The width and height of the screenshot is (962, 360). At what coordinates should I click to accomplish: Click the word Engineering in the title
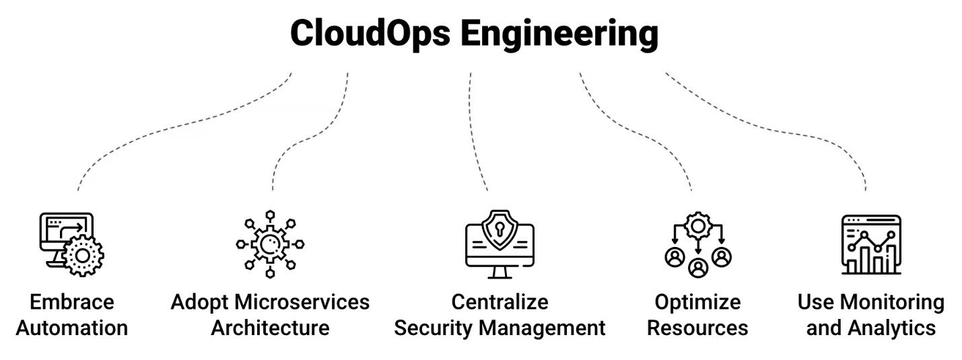pos(559,33)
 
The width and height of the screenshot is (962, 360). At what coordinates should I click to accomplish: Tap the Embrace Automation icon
pos(71,244)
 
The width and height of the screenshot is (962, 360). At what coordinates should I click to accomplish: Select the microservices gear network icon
pos(270,244)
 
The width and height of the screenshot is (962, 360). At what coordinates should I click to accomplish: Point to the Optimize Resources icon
pos(697,244)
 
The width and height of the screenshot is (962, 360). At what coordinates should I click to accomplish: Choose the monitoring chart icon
pos(870,244)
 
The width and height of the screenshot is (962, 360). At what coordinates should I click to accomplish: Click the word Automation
pos(71,328)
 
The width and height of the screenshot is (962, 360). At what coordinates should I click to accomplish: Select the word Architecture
pos(270,328)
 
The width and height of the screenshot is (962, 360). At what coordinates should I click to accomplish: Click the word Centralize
pos(500,302)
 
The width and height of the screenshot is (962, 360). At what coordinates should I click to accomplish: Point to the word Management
pos(543,328)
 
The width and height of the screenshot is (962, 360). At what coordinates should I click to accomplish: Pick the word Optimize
pos(697,302)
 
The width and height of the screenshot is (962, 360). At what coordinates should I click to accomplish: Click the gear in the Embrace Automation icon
pos(84,256)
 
